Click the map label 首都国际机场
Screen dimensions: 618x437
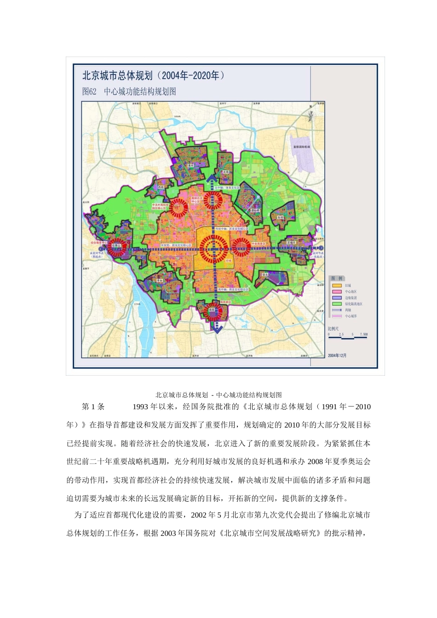[x=302, y=147]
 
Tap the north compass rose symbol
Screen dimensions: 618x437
[x=311, y=115]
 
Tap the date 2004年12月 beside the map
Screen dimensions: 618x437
[x=337, y=355]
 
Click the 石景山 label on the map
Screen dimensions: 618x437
[x=115, y=246]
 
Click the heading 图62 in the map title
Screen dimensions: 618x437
[x=89, y=92]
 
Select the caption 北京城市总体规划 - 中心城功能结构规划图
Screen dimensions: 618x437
[x=218, y=395]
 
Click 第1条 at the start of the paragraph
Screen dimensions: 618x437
[x=93, y=406]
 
